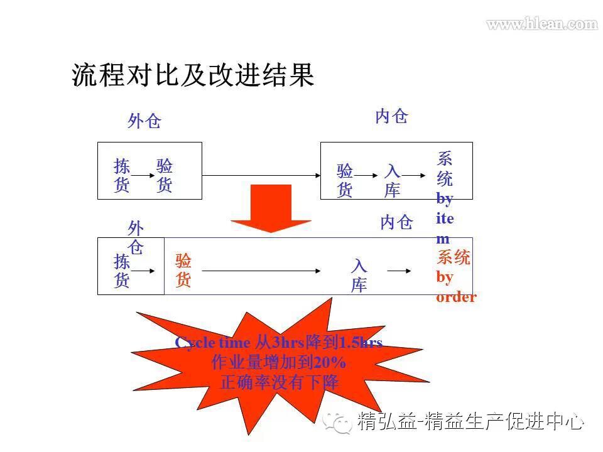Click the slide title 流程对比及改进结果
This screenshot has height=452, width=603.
coord(193,76)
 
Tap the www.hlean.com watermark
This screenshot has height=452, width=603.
coord(541,24)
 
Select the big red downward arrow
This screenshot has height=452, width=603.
coord(271,208)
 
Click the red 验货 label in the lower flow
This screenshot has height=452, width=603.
coord(183,271)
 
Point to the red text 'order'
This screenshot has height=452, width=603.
coord(456,297)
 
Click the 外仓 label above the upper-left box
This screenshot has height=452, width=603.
coord(144,121)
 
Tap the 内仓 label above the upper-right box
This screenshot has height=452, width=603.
coord(391,116)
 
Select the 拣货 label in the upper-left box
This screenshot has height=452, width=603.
coord(122,176)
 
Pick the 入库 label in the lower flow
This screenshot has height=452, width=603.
coord(359,276)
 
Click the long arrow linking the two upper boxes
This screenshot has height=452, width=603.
coord(261,176)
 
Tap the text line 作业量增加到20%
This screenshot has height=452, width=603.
coord(279,363)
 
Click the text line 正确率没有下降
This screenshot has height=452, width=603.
coord(279,382)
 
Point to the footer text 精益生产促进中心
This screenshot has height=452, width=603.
coord(505,421)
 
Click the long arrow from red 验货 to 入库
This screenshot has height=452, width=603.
coord(261,271)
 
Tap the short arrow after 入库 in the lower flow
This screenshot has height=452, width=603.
coord(399,271)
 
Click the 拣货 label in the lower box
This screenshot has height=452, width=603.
coord(122,271)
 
